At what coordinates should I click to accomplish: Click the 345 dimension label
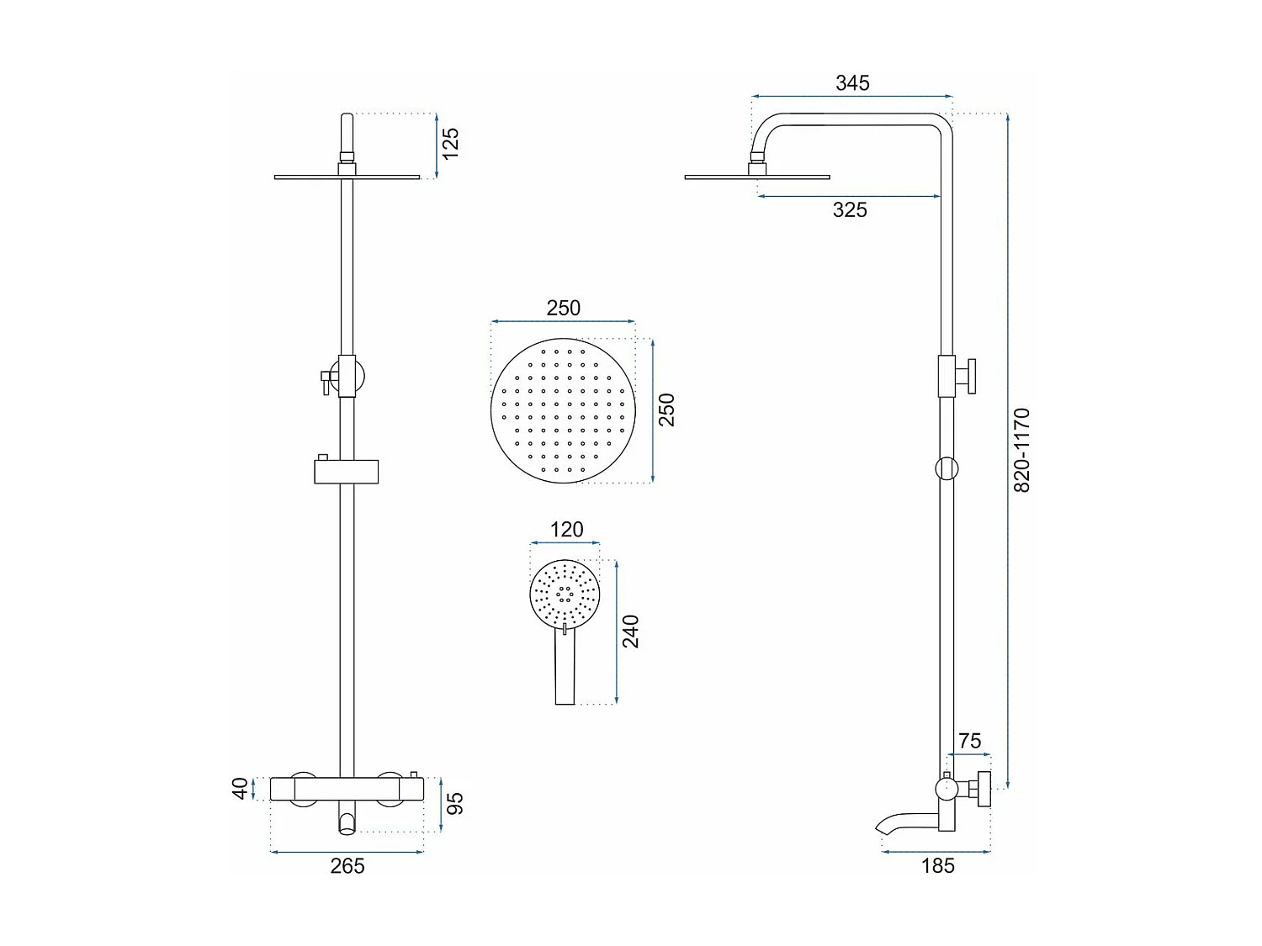(851, 83)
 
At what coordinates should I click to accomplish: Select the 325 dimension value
(849, 210)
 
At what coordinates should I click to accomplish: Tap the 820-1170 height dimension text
(1021, 450)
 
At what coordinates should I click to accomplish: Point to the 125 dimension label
(451, 143)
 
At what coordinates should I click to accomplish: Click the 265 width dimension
(347, 866)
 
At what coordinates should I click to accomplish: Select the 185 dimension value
(937, 866)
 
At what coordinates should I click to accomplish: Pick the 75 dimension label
(969, 741)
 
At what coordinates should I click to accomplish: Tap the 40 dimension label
(241, 789)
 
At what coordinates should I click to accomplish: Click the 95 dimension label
(455, 803)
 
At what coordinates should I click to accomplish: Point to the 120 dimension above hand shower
(566, 530)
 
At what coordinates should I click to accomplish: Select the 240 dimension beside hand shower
(631, 632)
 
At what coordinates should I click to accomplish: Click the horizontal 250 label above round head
(563, 309)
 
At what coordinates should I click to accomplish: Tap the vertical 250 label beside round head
(666, 410)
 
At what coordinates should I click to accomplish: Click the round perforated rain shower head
(562, 411)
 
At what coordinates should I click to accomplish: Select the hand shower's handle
(565, 669)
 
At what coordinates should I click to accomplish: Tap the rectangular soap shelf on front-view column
(346, 472)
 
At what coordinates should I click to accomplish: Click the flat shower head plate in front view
(347, 177)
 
